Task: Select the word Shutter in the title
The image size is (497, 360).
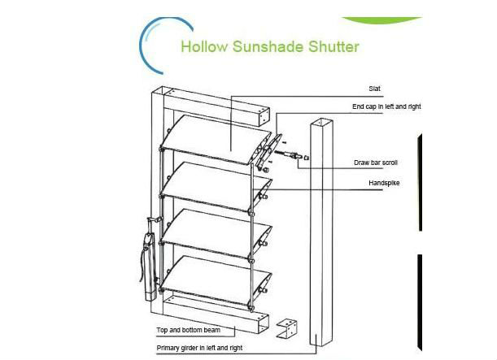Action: coord(331,46)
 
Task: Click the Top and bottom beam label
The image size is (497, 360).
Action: coord(188,331)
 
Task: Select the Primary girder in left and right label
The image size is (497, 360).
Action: coord(198,346)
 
